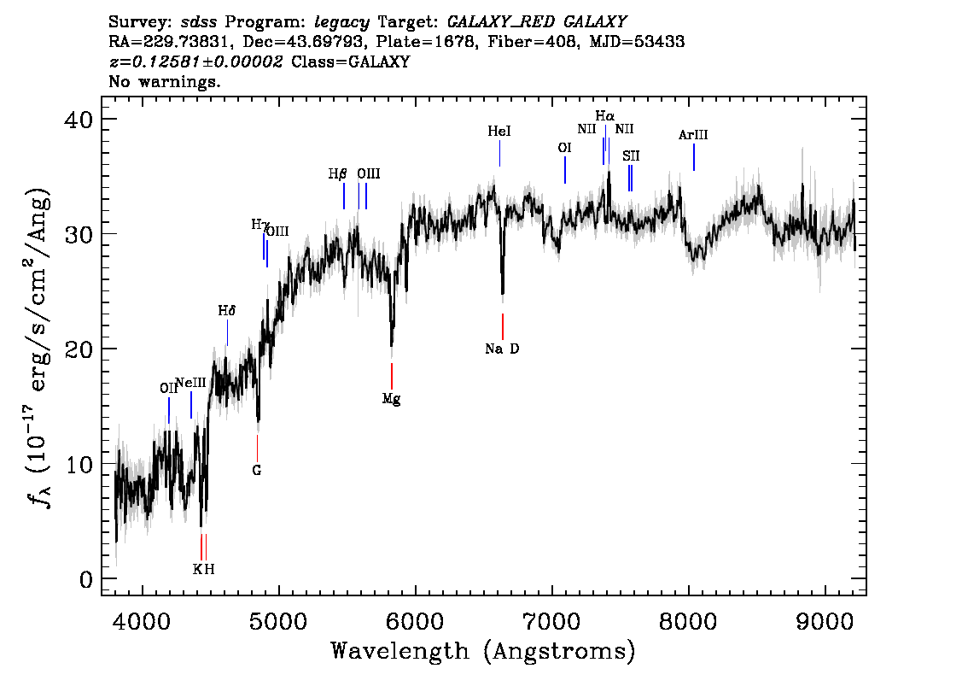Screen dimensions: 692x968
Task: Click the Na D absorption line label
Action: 502,349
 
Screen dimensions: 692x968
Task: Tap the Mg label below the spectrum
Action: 391,398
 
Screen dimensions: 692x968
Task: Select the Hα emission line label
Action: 604,115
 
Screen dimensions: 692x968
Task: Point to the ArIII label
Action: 693,135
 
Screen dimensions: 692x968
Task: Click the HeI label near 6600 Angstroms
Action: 499,132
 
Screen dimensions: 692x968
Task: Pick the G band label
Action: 256,470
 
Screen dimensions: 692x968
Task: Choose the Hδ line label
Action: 226,312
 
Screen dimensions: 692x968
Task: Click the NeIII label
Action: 190,383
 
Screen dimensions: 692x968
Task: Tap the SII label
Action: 631,155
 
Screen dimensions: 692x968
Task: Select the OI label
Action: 564,148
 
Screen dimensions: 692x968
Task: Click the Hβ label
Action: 337,173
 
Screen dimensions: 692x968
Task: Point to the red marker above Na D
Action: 503,326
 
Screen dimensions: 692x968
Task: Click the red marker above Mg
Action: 392,376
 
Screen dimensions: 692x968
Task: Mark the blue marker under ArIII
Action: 694,157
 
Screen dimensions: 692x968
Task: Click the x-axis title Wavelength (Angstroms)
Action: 483,652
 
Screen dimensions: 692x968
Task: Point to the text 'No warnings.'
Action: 166,82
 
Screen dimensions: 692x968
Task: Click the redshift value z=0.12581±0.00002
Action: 196,62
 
